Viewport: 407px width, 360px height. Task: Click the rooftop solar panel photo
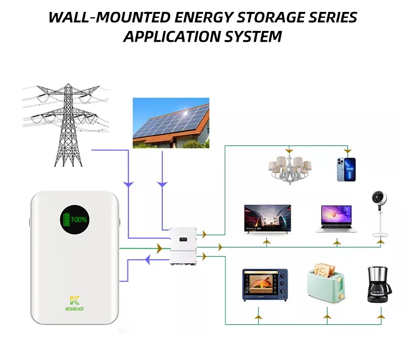(171, 123)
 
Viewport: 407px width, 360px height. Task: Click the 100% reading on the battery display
(78, 220)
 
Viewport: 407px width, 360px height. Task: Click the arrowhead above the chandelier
(290, 149)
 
